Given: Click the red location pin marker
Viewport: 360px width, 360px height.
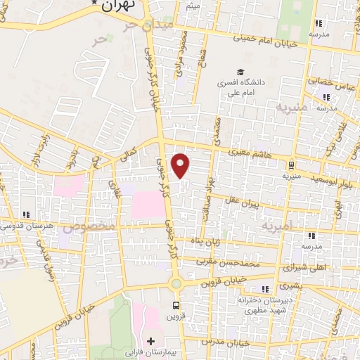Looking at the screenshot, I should coord(181,165).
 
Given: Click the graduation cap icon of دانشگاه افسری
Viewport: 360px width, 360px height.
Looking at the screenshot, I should coord(241,72).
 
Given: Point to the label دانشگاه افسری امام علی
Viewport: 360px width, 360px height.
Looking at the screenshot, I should coord(241,86).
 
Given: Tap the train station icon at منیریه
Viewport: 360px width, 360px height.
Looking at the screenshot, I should coord(290,165).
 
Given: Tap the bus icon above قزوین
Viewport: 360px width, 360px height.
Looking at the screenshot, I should coord(176,306).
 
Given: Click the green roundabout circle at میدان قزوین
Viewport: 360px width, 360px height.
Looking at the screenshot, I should coord(176,284).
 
